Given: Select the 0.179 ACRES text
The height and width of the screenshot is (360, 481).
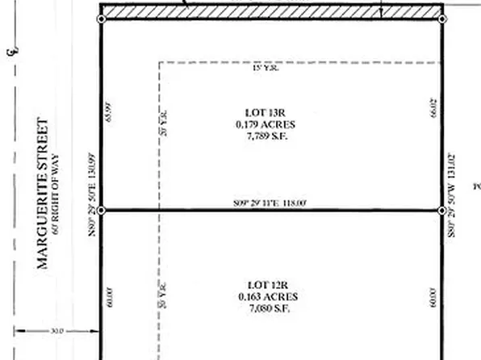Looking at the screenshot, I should pyautogui.click(x=266, y=125).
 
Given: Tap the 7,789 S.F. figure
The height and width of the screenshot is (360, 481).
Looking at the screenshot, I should pyautogui.click(x=266, y=136).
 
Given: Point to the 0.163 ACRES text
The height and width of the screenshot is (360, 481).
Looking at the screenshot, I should pyautogui.click(x=266, y=296).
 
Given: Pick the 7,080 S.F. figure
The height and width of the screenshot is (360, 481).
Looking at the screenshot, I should pyautogui.click(x=266, y=308).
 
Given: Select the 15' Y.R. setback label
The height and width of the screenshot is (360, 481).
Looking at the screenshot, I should pyautogui.click(x=266, y=69).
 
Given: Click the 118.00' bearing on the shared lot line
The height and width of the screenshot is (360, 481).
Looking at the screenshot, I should pyautogui.click(x=266, y=203).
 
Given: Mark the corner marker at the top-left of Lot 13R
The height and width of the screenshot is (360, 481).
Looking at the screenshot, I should pyautogui.click(x=101, y=19).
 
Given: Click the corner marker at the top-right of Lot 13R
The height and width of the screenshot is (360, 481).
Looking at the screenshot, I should pyautogui.click(x=441, y=19).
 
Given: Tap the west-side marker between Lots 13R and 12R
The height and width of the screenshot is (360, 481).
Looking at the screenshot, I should pyautogui.click(x=101, y=211).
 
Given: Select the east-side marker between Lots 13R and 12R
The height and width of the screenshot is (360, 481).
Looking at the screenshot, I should pyautogui.click(x=441, y=211).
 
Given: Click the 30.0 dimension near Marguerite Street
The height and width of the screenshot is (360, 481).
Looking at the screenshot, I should pyautogui.click(x=56, y=330).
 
